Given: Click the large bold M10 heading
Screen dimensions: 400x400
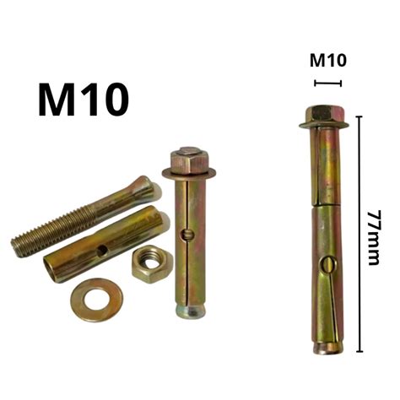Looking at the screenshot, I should point(84,99).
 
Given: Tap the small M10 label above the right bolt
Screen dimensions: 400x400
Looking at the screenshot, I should point(327,60).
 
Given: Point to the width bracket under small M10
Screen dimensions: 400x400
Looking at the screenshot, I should point(327,83).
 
